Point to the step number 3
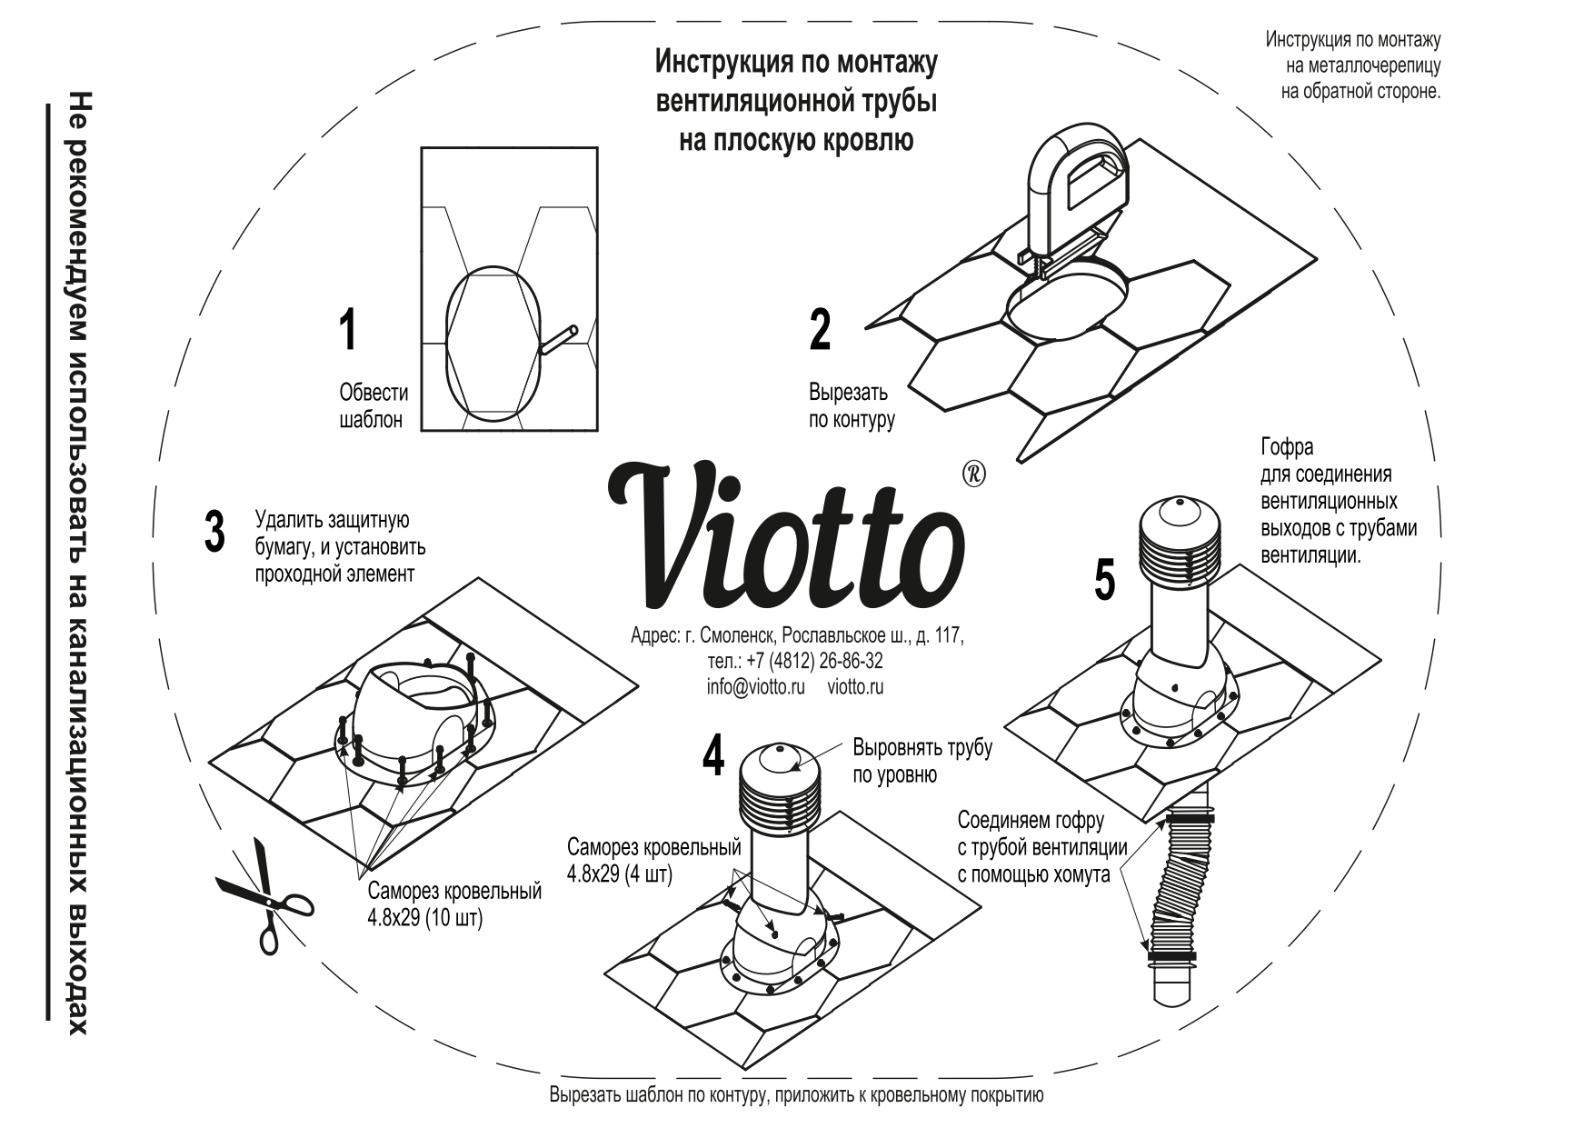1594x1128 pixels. click(x=214, y=532)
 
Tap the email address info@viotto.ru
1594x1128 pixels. click(x=755, y=688)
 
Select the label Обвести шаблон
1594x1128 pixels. click(x=373, y=406)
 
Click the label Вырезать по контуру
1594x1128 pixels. click(x=851, y=406)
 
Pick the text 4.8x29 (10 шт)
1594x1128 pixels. click(x=424, y=918)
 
